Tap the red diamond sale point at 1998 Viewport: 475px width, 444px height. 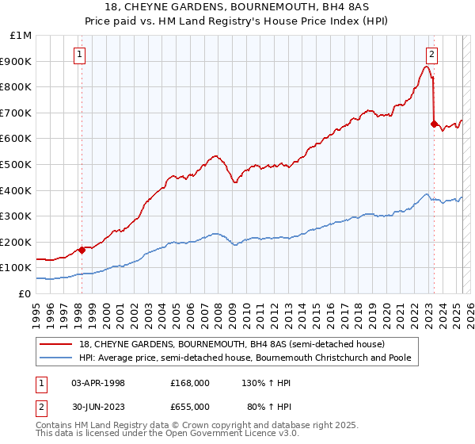82,250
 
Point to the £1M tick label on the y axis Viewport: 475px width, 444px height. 21,36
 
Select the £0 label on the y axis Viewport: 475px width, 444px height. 25,293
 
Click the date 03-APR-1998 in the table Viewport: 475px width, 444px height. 98,383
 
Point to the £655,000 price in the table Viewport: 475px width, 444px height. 190,406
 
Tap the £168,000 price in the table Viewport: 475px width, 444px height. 190,383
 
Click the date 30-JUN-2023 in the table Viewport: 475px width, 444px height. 98,406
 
